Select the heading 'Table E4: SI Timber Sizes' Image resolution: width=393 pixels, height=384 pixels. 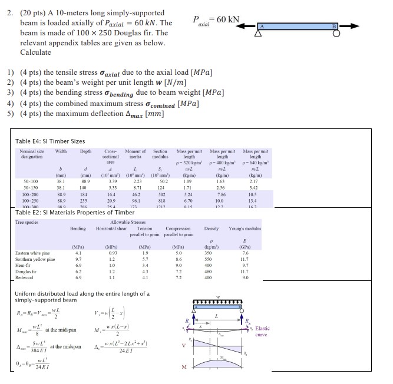(x=50, y=141)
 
